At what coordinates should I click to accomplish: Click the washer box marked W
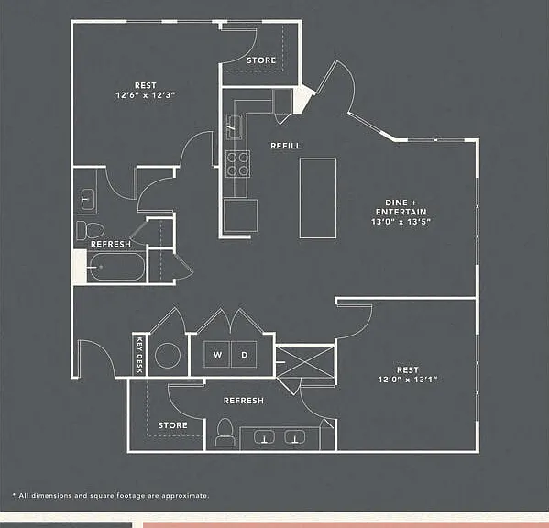tap(217, 355)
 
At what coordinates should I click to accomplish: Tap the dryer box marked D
tap(244, 355)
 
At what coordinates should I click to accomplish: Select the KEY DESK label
tap(139, 355)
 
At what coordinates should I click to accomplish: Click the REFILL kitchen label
tap(285, 146)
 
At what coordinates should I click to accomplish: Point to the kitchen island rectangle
tap(318, 198)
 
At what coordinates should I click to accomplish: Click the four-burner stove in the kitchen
tap(237, 164)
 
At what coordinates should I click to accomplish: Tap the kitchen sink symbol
tap(234, 126)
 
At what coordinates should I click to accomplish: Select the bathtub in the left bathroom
tap(117, 267)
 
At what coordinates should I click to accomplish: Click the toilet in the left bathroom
tap(91, 230)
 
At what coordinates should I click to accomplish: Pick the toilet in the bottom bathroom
tap(225, 432)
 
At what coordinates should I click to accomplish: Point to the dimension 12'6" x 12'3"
tap(146, 95)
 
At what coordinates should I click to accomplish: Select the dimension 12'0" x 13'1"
tap(408, 379)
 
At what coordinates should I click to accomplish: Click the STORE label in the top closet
tap(261, 60)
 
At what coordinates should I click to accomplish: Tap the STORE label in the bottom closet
tap(172, 425)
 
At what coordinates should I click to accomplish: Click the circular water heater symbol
tap(168, 356)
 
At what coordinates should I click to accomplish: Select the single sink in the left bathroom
tap(87, 199)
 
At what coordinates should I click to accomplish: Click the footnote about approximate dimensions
tap(111, 496)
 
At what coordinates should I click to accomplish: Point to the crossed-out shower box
tap(305, 362)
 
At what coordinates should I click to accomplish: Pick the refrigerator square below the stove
tap(240, 215)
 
